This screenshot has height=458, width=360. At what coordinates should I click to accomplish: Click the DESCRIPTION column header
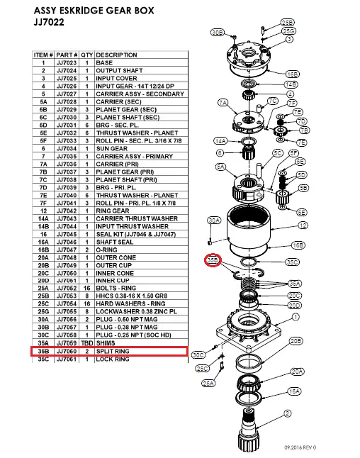click(x=117, y=55)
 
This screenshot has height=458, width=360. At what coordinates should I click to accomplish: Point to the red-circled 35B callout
click(x=213, y=261)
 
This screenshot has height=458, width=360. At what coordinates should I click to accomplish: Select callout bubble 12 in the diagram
click(x=303, y=225)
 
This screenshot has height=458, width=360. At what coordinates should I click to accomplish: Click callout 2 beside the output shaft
click(x=286, y=413)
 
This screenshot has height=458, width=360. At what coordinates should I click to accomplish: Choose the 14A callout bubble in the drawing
click(x=220, y=141)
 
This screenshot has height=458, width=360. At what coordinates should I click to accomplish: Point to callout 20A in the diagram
click(x=296, y=371)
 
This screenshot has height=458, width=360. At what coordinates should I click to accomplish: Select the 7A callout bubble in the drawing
click(x=225, y=104)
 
